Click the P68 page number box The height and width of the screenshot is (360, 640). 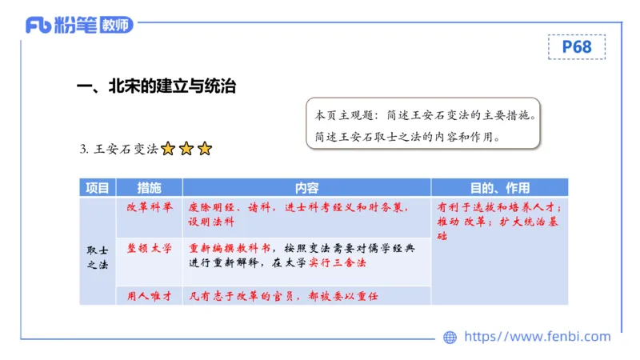click(x=576, y=47)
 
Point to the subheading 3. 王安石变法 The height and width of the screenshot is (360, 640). click(x=119, y=149)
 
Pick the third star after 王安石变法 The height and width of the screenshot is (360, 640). click(x=205, y=149)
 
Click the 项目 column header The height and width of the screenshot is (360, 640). click(x=97, y=188)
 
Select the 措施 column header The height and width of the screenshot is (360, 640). click(x=149, y=188)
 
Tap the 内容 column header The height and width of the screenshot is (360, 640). click(x=306, y=188)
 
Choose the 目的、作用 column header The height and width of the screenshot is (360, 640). click(x=499, y=188)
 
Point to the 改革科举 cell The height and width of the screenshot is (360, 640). click(x=150, y=206)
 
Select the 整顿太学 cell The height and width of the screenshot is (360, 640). click(x=150, y=248)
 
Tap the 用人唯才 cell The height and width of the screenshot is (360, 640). click(x=150, y=296)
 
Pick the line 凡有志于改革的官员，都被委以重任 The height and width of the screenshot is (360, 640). click(x=283, y=296)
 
